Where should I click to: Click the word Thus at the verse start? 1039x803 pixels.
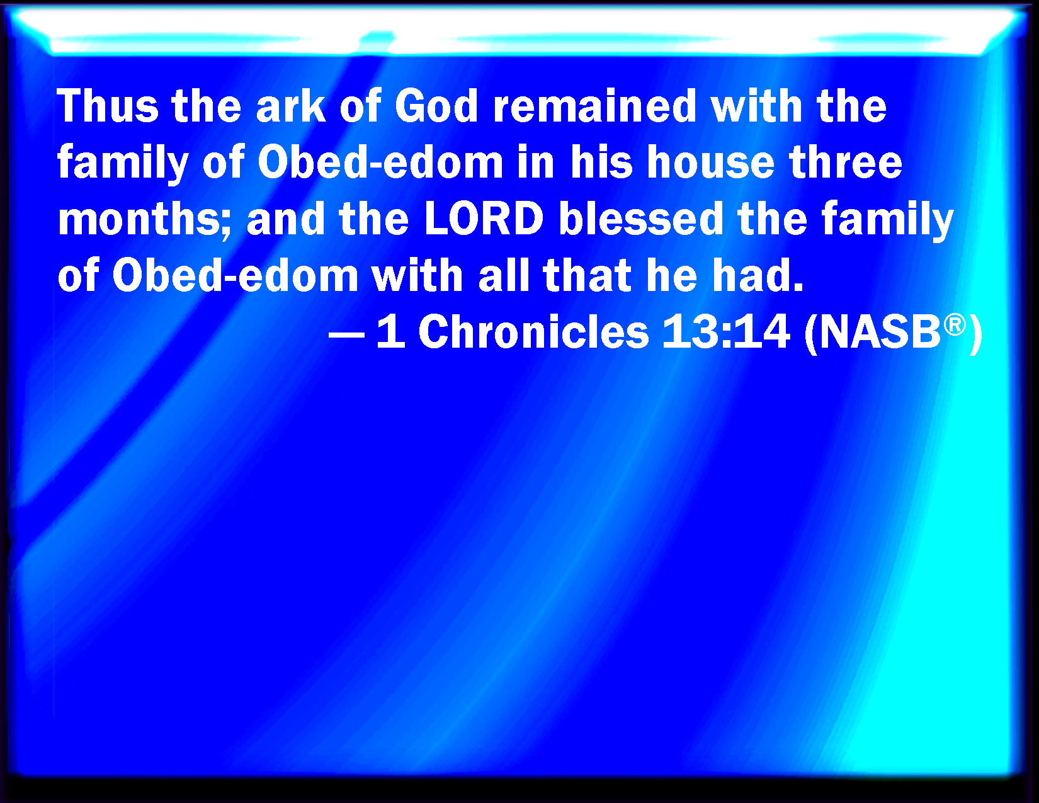[x=108, y=106]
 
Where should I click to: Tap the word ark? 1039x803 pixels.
[x=291, y=106]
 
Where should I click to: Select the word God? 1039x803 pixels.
[x=436, y=106]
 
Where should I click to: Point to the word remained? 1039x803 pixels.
[x=594, y=106]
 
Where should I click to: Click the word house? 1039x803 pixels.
[x=710, y=162]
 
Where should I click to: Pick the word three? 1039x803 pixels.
[x=846, y=162]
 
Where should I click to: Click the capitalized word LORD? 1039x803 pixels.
[x=484, y=219]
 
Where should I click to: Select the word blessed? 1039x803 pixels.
[x=640, y=219]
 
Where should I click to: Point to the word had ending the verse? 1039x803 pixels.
[x=752, y=275]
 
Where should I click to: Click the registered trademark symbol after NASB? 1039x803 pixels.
[x=955, y=325]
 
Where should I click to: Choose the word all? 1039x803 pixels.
[x=504, y=275]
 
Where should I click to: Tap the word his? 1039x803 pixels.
[x=601, y=162]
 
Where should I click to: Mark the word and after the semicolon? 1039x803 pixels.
[x=285, y=219]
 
